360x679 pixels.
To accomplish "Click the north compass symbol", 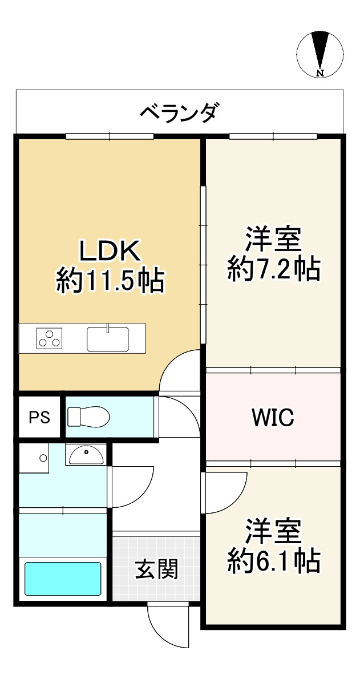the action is [320, 55].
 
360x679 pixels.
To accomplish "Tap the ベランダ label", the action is [179, 113].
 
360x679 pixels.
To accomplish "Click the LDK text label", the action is [109, 251].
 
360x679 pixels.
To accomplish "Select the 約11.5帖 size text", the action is [109, 282].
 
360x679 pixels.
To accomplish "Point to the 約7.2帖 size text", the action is [274, 269].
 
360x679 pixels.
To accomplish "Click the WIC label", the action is [273, 418].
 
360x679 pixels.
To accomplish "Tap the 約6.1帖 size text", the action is [274, 561].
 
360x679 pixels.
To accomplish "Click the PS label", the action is [39, 418].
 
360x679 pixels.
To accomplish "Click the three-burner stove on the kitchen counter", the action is [49, 338].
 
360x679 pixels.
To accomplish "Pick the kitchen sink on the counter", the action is [108, 338].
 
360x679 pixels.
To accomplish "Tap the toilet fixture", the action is [88, 417].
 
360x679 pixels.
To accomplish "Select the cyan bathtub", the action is [63, 578].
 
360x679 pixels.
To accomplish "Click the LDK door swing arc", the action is [173, 366].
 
